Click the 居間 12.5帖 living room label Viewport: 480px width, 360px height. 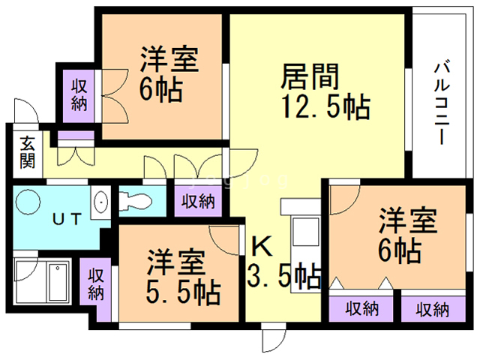(324, 91)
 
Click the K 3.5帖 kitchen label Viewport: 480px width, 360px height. (282, 262)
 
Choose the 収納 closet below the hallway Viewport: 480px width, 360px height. (198, 201)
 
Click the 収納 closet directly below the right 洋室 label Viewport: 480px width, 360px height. (361, 307)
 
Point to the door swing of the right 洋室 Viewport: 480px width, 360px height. (342, 196)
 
